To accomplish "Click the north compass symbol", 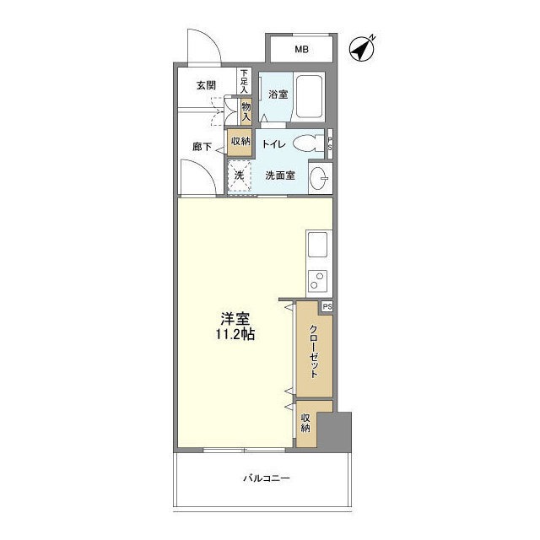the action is [362, 49].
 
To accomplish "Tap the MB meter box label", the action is [301, 49].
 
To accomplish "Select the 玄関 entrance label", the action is [206, 85].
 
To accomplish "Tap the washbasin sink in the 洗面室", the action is [320, 178].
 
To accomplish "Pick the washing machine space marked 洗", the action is [239, 175].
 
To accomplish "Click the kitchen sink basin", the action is [317, 245].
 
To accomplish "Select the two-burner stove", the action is [317, 281].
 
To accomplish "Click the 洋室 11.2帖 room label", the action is [235, 327].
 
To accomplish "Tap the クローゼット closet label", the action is [313, 351].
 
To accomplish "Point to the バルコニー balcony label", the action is [267, 478].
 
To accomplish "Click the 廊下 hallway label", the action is [202, 147].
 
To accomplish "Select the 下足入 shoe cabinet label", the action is [244, 82].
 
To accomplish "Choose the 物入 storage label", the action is [246, 111].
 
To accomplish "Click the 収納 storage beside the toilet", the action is [240, 141].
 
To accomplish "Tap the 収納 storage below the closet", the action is [305, 423].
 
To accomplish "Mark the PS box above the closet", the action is [327, 306].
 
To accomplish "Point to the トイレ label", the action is [273, 144].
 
